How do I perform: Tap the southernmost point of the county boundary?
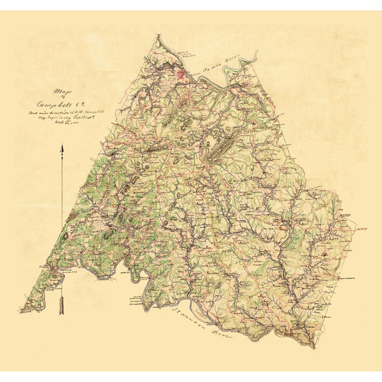[x=314, y=348]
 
